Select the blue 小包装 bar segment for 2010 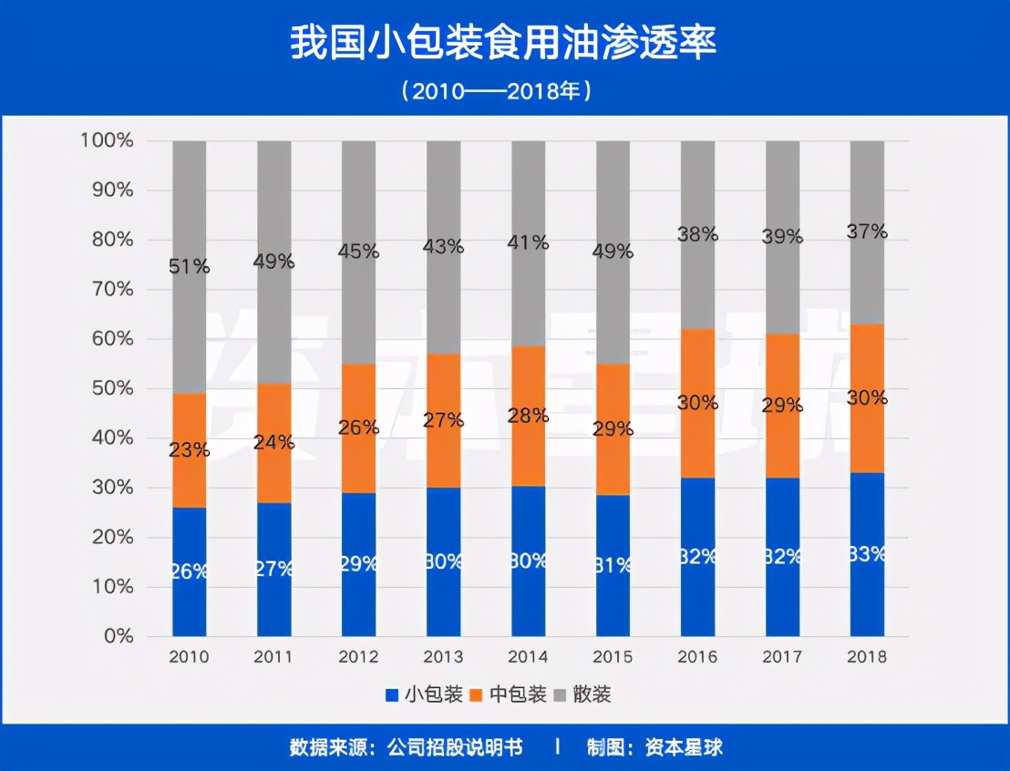point(190,601)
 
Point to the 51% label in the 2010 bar point(190,266)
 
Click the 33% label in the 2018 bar point(867,553)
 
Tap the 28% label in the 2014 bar point(528,416)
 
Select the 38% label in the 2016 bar point(697,234)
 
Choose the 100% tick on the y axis point(107,140)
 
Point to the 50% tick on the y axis point(111,388)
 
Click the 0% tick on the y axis point(119,636)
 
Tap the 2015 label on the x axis point(613,657)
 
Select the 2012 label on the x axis point(358,657)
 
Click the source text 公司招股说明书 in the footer point(455,747)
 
